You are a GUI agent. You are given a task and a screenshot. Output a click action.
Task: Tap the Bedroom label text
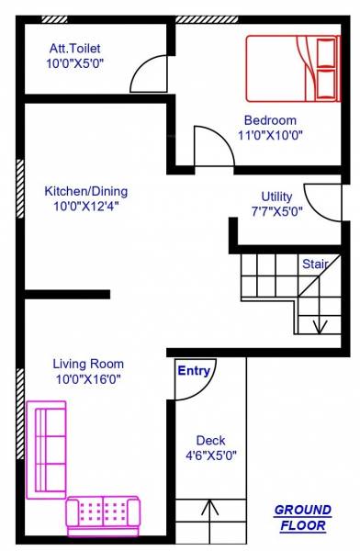270,120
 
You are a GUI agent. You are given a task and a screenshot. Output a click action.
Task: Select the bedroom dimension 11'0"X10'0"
270,135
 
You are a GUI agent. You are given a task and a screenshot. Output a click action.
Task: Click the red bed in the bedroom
292,67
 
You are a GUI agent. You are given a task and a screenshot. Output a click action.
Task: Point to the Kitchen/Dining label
86,191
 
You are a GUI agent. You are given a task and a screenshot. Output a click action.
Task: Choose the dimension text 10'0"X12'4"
86,207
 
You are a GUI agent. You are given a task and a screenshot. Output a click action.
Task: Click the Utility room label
276,196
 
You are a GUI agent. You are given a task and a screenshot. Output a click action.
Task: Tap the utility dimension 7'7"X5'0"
276,210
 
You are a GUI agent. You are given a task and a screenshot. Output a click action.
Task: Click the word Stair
315,264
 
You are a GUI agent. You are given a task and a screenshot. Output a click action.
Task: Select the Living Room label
88,364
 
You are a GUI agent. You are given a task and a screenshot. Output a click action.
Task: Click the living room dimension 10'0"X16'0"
88,378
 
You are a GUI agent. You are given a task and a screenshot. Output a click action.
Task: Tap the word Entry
194,371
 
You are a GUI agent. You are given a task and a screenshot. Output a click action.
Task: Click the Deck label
210,441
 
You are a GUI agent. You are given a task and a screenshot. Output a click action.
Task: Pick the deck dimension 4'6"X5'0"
210,455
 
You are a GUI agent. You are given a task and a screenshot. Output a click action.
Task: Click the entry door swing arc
196,386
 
